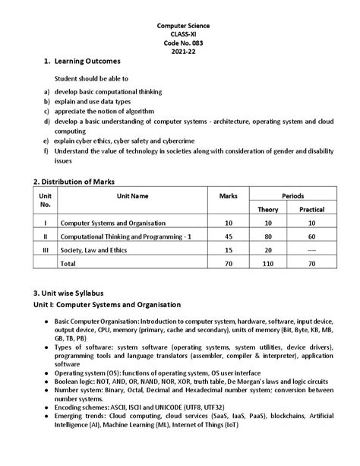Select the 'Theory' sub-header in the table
pos(267,209)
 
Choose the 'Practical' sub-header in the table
pos(311,209)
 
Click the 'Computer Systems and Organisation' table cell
pos(113,223)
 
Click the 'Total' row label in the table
pos(68,262)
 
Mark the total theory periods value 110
pos(267,262)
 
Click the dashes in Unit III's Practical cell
pos(311,249)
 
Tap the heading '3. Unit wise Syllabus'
pos(72,293)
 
